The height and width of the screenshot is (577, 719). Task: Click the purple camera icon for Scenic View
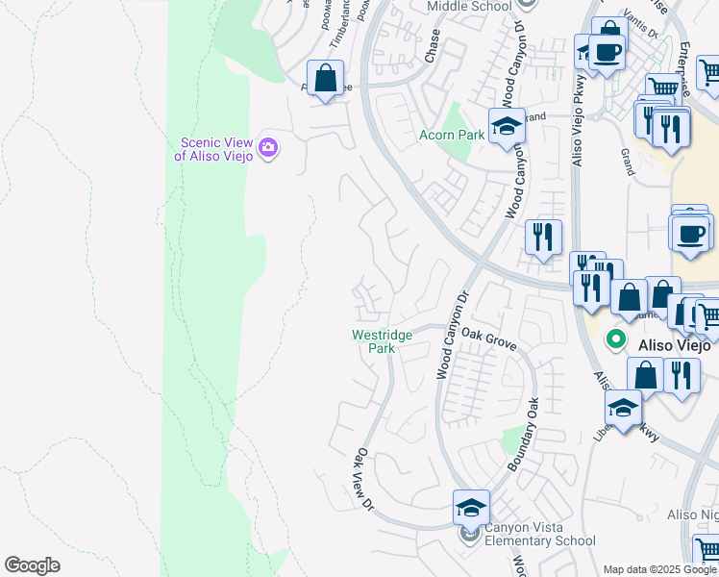[x=268, y=147]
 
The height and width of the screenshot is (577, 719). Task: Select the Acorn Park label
[x=452, y=136]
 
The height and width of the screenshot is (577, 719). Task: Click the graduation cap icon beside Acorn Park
[x=507, y=125]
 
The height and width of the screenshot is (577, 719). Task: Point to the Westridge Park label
[x=382, y=341]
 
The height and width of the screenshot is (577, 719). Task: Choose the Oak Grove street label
[x=489, y=339]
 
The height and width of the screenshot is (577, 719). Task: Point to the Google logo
[x=32, y=565]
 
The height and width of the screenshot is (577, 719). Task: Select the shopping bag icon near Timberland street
[x=326, y=78]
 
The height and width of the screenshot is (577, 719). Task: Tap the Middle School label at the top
[x=468, y=7]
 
